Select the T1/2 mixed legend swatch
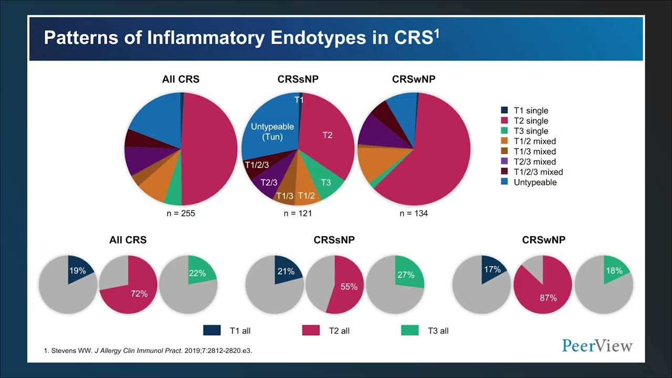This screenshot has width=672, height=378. pyautogui.click(x=505, y=141)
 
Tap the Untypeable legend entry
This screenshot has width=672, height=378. pyautogui.click(x=535, y=182)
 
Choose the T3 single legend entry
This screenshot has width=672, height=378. pyautogui.click(x=531, y=131)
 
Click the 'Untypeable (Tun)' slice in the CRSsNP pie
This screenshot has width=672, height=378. pyautogui.click(x=272, y=132)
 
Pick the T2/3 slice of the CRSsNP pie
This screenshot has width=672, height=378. pyautogui.click(x=269, y=182)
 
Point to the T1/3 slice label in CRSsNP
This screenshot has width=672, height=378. pyautogui.click(x=285, y=196)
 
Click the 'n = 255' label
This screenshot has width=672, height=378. pyautogui.click(x=181, y=214)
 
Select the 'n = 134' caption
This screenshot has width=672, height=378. pyautogui.click(x=414, y=214)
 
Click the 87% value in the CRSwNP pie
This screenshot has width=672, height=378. pyautogui.click(x=548, y=298)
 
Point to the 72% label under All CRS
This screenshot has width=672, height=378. pyautogui.click(x=139, y=293)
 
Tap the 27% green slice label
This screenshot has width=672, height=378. pyautogui.click(x=406, y=275)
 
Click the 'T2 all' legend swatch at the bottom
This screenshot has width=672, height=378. pyautogui.click(x=311, y=331)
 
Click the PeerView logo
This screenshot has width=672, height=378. pyautogui.click(x=597, y=345)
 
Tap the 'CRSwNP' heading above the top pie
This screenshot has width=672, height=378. pyautogui.click(x=414, y=80)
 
